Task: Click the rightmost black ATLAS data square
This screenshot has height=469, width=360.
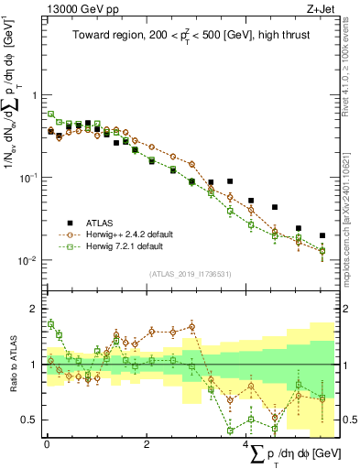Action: click(x=322, y=235)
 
